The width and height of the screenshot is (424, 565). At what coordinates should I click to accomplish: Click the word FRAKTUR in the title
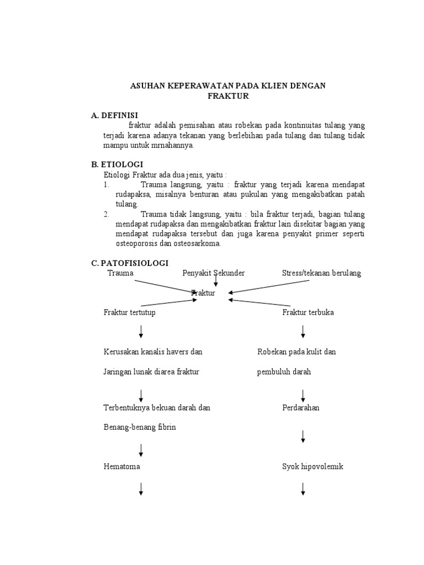click(x=228, y=96)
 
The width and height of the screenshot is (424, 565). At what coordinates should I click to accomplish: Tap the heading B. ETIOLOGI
click(x=117, y=164)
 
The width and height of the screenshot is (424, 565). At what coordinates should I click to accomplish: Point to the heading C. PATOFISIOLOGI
click(x=130, y=264)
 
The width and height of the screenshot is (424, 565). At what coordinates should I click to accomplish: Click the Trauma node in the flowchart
click(x=120, y=273)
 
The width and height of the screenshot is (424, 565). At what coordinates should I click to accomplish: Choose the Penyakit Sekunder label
click(x=214, y=273)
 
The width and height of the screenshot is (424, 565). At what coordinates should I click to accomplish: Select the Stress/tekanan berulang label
click(x=321, y=273)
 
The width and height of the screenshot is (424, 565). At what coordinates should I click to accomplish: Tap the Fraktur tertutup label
click(x=130, y=312)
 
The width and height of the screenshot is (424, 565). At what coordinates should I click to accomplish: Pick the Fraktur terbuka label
click(x=308, y=312)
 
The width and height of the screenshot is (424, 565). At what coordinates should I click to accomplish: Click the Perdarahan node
click(x=301, y=408)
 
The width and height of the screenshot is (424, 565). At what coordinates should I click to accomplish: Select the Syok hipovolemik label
click(x=312, y=466)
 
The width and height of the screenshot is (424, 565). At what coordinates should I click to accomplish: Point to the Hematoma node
click(x=122, y=466)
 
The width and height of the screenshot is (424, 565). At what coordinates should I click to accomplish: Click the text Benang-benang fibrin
click(x=140, y=428)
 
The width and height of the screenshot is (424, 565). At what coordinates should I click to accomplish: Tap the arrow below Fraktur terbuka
click(x=304, y=332)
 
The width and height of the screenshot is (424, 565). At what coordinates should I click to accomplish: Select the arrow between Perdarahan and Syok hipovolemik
click(x=304, y=437)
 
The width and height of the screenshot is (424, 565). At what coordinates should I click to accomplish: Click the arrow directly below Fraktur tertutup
click(x=141, y=332)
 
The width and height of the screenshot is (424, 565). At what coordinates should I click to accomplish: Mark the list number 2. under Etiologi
click(x=106, y=214)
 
